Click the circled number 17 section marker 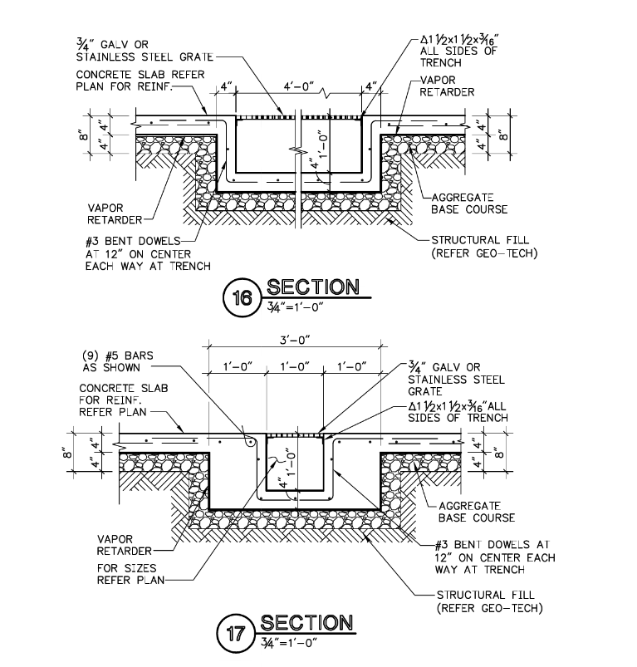(237, 634)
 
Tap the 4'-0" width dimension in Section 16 (298, 86)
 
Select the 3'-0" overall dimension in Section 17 (295, 341)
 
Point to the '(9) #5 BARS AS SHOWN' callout (118, 361)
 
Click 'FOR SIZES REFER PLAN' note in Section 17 (130, 574)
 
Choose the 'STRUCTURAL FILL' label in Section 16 (484, 247)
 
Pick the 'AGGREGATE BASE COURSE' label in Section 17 (476, 512)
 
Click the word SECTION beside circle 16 (313, 287)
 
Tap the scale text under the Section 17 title (289, 643)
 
